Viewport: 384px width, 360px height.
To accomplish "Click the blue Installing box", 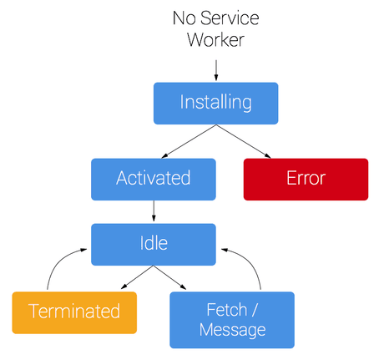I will pyautogui.click(x=215, y=103).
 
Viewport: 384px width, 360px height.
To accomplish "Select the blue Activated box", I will pyautogui.click(x=153, y=179).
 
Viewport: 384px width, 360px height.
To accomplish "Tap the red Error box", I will pyautogui.click(x=306, y=179).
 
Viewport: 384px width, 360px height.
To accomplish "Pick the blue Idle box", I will pyautogui.click(x=153, y=244).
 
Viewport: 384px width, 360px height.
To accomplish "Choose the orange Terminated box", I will pyautogui.click(x=74, y=312).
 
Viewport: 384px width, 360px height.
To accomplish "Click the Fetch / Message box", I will pyautogui.click(x=232, y=319).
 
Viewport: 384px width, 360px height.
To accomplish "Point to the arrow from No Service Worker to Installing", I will pyautogui.click(x=216, y=68).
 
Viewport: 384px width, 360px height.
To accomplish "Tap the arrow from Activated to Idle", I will pyautogui.click(x=153, y=210).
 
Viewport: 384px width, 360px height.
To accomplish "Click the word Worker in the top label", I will pyautogui.click(x=215, y=39).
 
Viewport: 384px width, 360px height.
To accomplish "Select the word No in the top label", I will pyautogui.click(x=185, y=18).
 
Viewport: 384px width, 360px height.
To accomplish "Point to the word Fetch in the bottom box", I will pyautogui.click(x=226, y=309).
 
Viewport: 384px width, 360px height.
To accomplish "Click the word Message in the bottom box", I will pyautogui.click(x=232, y=330).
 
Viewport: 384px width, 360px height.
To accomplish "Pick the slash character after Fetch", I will pyautogui.click(x=255, y=309).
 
